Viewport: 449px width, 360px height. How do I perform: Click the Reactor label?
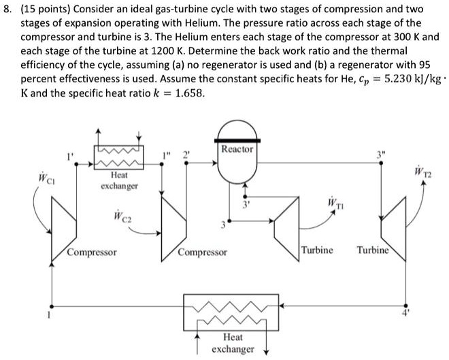(237, 148)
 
